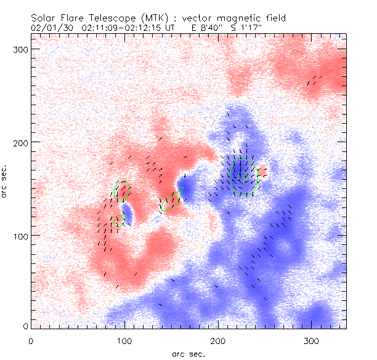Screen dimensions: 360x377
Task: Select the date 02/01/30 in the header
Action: tap(51, 28)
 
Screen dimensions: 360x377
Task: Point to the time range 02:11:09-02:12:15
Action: tap(121, 28)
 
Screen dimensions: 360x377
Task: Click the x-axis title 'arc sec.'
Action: tap(188, 353)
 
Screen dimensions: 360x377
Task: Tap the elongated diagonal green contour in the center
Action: tap(171, 201)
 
